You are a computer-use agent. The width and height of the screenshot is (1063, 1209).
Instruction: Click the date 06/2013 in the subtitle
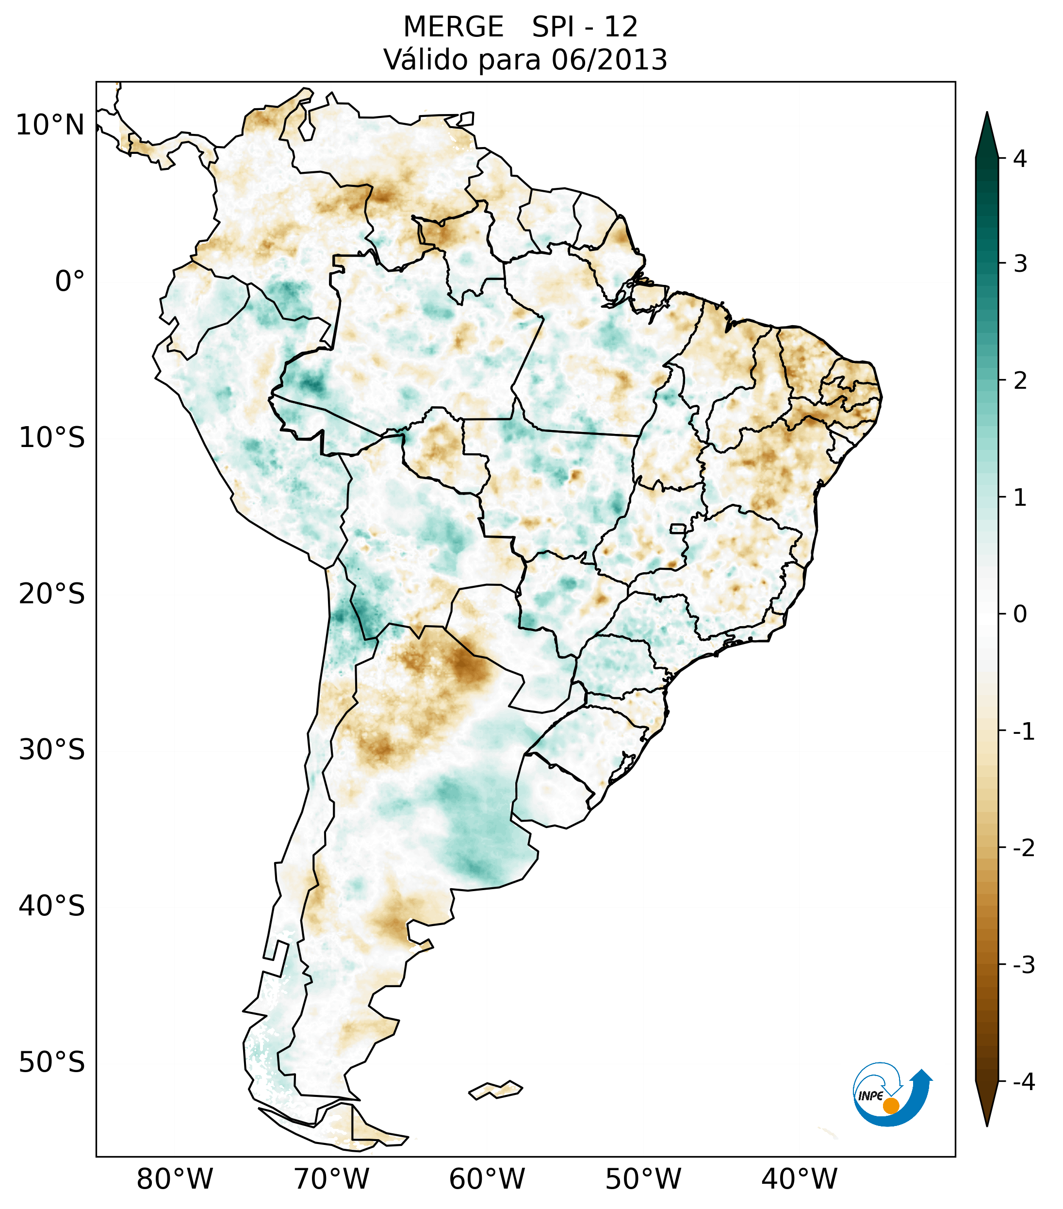609,60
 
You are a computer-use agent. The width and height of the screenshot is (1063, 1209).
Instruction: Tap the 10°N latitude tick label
50,125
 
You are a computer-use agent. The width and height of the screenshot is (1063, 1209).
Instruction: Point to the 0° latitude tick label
70,282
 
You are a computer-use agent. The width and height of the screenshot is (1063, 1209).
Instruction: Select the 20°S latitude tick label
52,594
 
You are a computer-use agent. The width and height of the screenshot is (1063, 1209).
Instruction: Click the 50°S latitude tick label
52,1063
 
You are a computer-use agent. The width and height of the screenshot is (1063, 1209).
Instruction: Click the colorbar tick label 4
1020,159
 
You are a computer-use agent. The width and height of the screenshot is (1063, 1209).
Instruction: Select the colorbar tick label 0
1020,614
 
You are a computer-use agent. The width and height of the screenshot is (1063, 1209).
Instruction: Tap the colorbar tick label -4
1023,1082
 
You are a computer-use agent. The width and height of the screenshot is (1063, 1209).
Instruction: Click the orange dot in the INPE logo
891,1106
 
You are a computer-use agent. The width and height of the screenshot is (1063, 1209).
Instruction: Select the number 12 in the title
620,27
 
